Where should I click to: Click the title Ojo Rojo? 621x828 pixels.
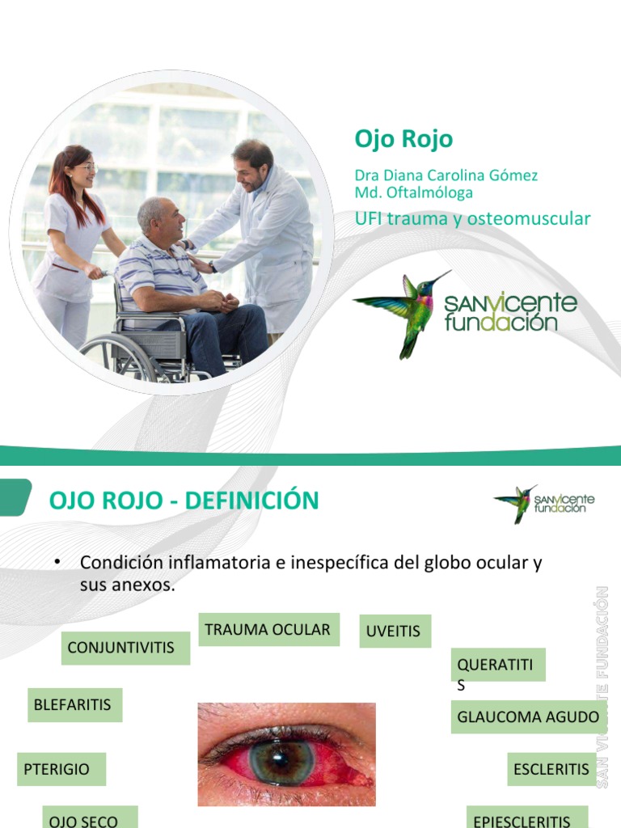pyautogui.click(x=403, y=139)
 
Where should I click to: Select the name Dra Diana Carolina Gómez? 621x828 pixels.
pyautogui.click(x=446, y=175)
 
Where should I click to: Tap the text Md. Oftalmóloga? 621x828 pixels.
pyautogui.click(x=413, y=192)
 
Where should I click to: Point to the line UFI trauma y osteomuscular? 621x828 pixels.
pyautogui.click(x=472, y=218)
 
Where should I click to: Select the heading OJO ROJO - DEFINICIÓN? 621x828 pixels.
pyautogui.click(x=184, y=501)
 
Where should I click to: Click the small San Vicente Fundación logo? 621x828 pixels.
pyautogui.click(x=544, y=503)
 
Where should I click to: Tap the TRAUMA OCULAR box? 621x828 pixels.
pyautogui.click(x=268, y=630)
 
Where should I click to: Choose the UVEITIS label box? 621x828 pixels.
pyautogui.click(x=394, y=632)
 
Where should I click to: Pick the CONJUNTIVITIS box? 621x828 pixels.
pyautogui.click(x=121, y=648)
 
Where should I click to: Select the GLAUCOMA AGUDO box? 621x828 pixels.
pyautogui.click(x=528, y=716)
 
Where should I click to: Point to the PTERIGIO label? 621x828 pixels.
pyautogui.click(x=57, y=769)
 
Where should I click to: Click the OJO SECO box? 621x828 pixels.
pyautogui.click(x=84, y=819)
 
